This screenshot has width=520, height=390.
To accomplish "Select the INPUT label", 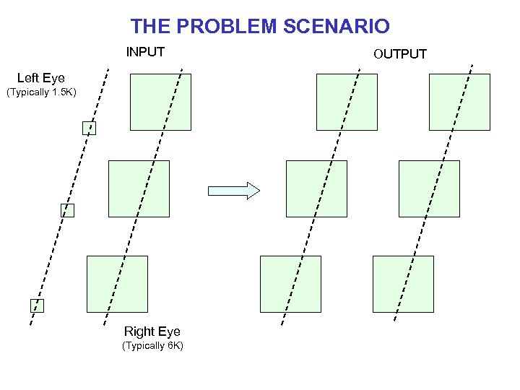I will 145,52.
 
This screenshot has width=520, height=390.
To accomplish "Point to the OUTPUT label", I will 400,53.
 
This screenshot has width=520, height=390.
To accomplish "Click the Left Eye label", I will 40,78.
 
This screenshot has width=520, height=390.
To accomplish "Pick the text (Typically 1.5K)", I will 41,92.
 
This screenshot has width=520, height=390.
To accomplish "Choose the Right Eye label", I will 152,331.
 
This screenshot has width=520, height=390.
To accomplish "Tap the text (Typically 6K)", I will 152,346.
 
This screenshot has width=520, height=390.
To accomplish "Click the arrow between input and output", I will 233,191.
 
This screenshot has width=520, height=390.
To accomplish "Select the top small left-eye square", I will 89,129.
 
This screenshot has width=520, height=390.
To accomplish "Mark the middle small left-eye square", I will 67,210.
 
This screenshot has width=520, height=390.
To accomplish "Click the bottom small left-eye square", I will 37,305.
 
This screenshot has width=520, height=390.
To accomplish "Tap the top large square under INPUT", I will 160,102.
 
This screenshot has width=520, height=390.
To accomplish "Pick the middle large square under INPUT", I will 139,188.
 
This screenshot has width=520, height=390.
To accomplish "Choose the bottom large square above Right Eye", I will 117,284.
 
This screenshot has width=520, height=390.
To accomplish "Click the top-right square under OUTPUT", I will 459,102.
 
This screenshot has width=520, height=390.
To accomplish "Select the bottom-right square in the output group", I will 403,284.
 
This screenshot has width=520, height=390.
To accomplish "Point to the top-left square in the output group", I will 347,102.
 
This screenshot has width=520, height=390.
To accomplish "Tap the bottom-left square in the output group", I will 290,284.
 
